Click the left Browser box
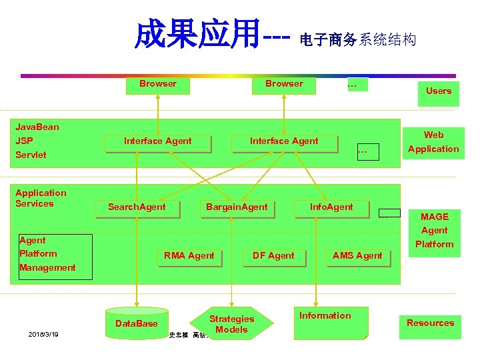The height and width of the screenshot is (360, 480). [158, 85]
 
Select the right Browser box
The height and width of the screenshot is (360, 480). [284, 85]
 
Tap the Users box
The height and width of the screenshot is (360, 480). [438, 91]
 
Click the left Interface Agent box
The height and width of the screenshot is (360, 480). [158, 141]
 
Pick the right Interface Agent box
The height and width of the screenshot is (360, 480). [284, 141]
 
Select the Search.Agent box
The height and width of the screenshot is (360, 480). [137, 207]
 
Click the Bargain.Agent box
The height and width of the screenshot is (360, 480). [237, 207]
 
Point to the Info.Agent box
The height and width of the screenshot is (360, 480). [331, 207]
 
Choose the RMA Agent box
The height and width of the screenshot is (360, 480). [189, 256]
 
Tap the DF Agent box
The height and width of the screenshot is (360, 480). [273, 256]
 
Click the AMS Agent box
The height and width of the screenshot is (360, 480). [357, 256]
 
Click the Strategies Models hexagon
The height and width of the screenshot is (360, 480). [231, 324]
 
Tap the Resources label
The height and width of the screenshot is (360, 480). [430, 323]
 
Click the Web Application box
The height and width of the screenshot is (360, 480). [433, 142]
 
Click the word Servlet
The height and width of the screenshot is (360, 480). [31, 155]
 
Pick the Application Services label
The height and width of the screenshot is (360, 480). [41, 198]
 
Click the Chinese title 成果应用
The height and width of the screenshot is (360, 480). [196, 35]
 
